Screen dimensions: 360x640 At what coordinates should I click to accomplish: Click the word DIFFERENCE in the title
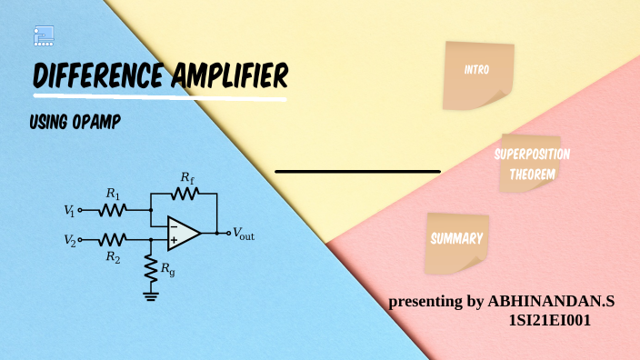click(x=98, y=76)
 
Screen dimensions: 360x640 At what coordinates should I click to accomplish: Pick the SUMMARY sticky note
click(x=456, y=240)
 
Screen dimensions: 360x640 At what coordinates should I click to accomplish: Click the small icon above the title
click(x=44, y=36)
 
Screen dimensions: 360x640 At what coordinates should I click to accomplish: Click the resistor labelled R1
click(x=113, y=210)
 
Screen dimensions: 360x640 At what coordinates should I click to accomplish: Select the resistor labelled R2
click(x=113, y=240)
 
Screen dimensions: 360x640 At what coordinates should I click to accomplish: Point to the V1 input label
click(x=69, y=210)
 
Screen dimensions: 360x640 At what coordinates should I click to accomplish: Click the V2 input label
click(x=69, y=240)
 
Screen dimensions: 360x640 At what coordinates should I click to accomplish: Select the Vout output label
click(x=244, y=233)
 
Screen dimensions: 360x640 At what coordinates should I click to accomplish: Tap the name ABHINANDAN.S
click(x=552, y=301)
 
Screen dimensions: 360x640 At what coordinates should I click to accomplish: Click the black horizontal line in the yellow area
click(x=357, y=171)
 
